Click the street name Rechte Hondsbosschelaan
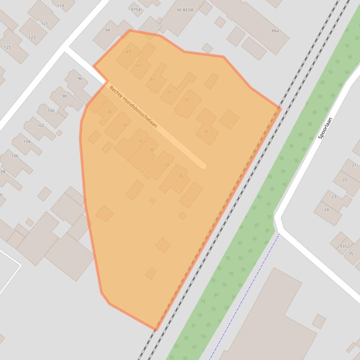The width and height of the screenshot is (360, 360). click(133, 107)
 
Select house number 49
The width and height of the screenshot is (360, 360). click(129, 52)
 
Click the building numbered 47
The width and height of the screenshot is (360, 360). click(139, 66)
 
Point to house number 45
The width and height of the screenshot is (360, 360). click(152, 79)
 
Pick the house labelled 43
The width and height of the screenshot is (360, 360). click(169, 92)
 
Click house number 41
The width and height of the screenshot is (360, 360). click(187, 100)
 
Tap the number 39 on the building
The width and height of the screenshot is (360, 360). click(206, 132)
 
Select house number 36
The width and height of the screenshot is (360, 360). click(110, 112)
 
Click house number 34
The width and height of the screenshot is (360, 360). click(125, 125)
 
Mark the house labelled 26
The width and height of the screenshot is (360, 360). click(181, 176)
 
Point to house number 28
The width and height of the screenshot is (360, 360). click(167, 165)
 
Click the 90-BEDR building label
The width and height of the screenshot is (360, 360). click(185, 10)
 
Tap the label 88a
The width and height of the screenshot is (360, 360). click(275, 31)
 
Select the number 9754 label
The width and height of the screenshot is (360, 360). click(135, 9)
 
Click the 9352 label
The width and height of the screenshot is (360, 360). click(345, 246)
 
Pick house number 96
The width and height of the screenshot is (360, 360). click(80, 79)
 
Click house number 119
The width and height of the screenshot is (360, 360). click(60, 6)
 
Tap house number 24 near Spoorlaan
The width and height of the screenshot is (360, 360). click(326, 209)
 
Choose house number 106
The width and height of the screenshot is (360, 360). click(15, 156)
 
